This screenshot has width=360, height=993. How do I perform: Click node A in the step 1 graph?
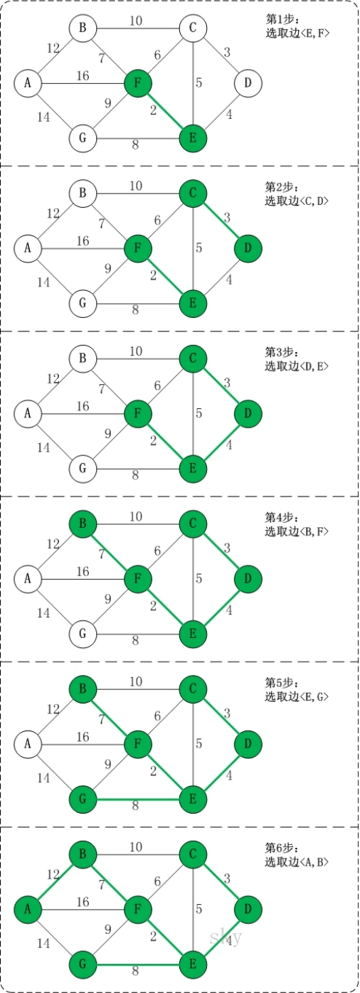28,83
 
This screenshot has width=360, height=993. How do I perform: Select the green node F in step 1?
138,83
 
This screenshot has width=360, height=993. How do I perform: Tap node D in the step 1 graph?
248,83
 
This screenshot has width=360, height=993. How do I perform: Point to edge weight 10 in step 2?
136,186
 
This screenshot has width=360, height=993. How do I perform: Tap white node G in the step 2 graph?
83,303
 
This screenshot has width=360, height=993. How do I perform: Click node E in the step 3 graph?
192,468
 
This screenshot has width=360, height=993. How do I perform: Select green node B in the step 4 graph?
83,524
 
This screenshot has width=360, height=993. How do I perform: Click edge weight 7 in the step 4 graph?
102,553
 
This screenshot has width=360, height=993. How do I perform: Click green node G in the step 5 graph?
83,799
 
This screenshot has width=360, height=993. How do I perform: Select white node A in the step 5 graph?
28,744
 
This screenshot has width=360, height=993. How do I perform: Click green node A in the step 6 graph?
28,909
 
